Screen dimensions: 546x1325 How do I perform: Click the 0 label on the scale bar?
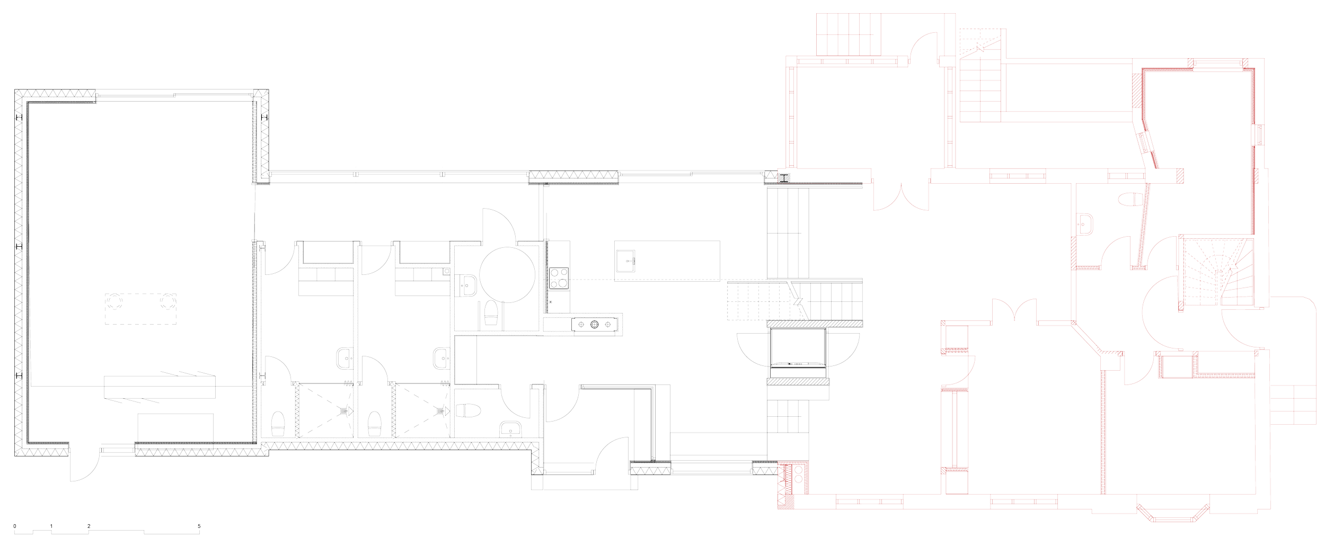pos(15,526)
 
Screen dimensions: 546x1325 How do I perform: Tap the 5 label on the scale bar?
pos(199,526)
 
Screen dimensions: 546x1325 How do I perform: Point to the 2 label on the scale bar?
pos(89,526)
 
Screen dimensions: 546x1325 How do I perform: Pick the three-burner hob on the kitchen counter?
pos(594,324)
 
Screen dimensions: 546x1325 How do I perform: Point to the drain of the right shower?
pos(440,409)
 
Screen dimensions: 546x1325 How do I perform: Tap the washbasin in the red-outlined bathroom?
pos(1084,223)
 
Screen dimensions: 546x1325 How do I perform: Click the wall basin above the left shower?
pos(344,359)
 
